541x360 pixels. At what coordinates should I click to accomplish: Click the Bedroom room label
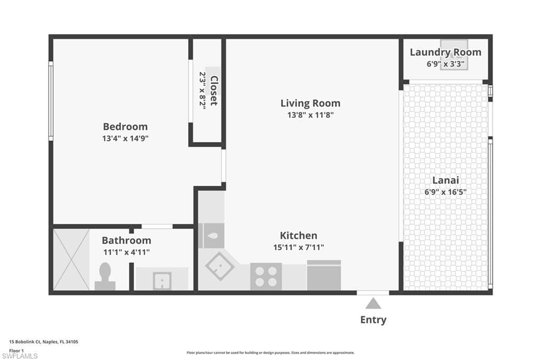coord(125,127)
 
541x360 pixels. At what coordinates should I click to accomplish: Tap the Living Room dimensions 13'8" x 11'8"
coord(310,115)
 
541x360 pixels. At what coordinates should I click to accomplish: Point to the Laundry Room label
coord(445,52)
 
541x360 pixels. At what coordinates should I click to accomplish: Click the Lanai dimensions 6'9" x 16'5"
coord(445,192)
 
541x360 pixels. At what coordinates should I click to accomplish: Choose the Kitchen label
coord(299,235)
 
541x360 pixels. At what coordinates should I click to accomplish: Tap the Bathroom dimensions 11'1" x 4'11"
coord(126,252)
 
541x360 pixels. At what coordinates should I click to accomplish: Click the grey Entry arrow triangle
coord(373,304)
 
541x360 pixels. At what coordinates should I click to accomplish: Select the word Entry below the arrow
coord(373,320)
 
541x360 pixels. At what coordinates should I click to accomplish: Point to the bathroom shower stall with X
coord(71,259)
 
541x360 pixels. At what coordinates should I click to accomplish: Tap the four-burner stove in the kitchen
coord(266,276)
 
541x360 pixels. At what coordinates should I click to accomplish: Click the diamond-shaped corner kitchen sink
coord(220,266)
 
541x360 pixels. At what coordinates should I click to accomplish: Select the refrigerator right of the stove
coord(324,276)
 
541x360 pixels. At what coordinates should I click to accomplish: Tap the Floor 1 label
coord(17,350)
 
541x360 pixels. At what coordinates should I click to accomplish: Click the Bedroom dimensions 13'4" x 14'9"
coord(125,138)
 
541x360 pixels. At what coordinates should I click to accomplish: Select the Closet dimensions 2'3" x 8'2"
coord(202,91)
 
